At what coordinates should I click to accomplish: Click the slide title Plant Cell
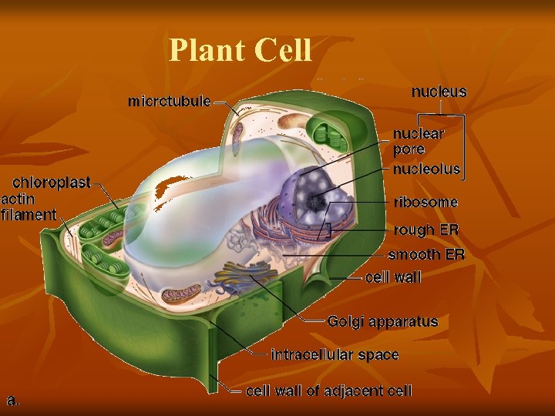(x=240, y=51)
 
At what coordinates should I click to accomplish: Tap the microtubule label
(x=170, y=101)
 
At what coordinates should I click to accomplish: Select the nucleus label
(x=439, y=92)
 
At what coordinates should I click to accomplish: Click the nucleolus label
(x=426, y=169)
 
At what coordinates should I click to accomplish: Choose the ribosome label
(x=425, y=203)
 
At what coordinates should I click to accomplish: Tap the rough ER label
(x=425, y=230)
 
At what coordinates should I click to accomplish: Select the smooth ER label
(x=425, y=254)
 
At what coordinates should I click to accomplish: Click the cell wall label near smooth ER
(x=393, y=277)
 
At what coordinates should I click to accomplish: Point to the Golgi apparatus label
(x=382, y=321)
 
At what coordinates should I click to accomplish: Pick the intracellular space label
(x=335, y=355)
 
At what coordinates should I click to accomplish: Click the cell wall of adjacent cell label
(x=328, y=391)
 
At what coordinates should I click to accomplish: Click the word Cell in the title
(x=282, y=51)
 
